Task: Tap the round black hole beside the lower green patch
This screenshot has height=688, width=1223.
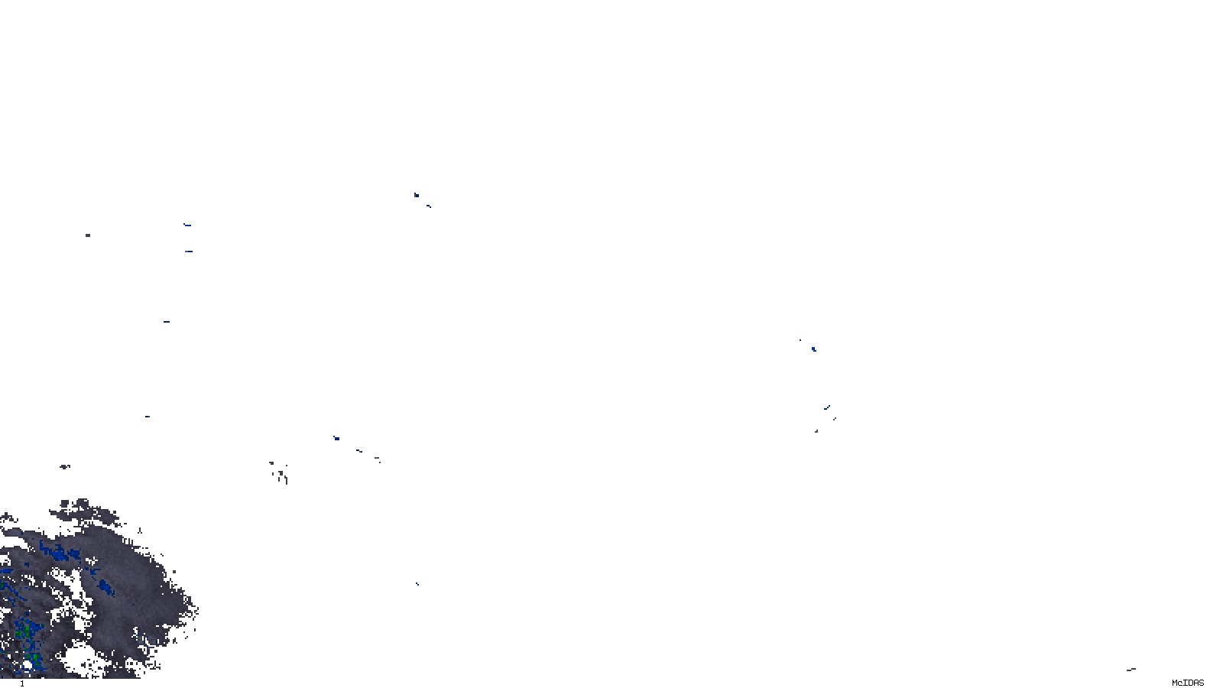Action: point(28,666)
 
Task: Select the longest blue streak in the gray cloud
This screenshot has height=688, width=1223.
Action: point(60,551)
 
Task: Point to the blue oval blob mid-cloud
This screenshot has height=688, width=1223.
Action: point(105,587)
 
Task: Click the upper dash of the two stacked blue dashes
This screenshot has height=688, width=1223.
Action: point(187,226)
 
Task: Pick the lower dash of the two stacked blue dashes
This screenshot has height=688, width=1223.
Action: point(188,251)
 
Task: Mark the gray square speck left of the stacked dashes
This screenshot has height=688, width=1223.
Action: point(88,235)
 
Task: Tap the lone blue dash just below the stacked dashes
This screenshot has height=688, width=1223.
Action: point(166,322)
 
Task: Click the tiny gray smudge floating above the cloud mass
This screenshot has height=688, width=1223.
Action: point(65,466)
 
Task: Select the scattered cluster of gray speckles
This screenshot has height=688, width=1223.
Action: point(280,472)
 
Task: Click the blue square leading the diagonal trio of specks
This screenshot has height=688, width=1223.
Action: point(336,438)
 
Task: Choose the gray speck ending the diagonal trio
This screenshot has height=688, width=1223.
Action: point(377,459)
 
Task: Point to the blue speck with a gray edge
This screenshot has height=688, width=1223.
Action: point(416,196)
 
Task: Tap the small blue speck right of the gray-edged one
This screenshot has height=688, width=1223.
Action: point(428,206)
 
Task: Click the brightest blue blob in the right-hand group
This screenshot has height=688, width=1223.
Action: point(813,349)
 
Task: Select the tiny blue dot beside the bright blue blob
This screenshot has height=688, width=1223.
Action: point(800,340)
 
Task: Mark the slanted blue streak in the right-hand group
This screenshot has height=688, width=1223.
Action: point(826,407)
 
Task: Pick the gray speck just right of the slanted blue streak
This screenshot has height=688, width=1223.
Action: point(834,418)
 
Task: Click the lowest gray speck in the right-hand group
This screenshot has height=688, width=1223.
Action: point(816,431)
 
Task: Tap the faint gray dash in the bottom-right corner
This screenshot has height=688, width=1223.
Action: point(1131,670)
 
